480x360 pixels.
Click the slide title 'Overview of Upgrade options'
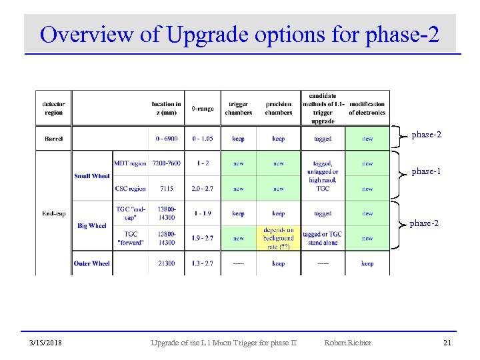[x=239, y=34]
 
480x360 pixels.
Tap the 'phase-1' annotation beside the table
[x=425, y=171]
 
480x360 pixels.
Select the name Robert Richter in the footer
[x=347, y=343]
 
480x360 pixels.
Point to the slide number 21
[x=448, y=343]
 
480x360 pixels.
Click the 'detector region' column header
[x=53, y=108]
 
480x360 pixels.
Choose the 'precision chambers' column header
[x=279, y=108]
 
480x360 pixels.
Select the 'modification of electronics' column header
[x=367, y=108]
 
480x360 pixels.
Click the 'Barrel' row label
[x=53, y=139]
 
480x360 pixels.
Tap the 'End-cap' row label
[x=53, y=213]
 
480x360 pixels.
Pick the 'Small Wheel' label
[x=92, y=176]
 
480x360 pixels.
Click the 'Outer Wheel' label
[x=92, y=263]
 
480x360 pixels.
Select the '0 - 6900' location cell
[x=166, y=139]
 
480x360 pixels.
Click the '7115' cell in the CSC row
[x=166, y=189]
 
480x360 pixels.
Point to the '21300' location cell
[x=166, y=263]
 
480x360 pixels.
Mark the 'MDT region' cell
[x=130, y=163]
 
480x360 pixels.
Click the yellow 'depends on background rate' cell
[x=279, y=238]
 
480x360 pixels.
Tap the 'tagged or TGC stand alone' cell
[x=322, y=239]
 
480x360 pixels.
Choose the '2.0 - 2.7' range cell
[x=203, y=189]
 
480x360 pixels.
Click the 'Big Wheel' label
[x=92, y=226]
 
